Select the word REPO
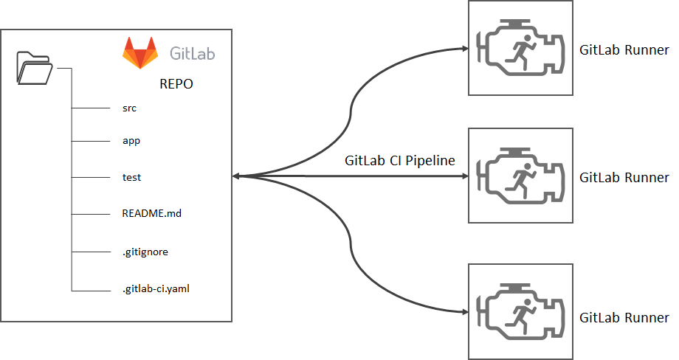pos(176,84)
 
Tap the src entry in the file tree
pos(130,108)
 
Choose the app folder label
pos(131,139)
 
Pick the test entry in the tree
pos(131,177)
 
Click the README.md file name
pos(151,214)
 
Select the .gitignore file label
pos(145,252)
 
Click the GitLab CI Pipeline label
pos(399,161)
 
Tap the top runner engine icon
pos(520,49)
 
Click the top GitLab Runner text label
pos(624,50)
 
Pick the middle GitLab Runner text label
pos(624,177)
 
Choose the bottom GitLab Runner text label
pos(624,318)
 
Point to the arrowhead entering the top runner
pos(463,49)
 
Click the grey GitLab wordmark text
pos(193,54)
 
